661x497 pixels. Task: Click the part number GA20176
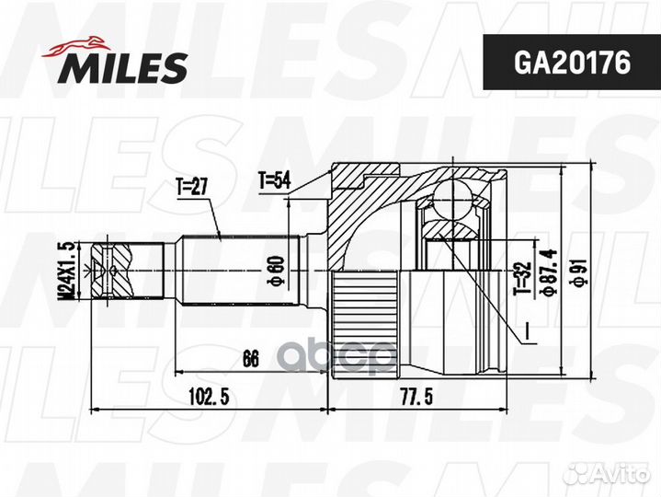click(x=572, y=63)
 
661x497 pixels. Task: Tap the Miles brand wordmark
click(x=124, y=68)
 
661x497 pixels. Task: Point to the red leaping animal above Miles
click(x=76, y=46)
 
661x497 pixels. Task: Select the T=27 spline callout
click(x=191, y=186)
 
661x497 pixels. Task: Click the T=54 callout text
click(x=275, y=180)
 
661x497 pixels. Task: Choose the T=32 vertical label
click(x=523, y=279)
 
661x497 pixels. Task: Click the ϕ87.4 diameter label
click(x=549, y=273)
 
